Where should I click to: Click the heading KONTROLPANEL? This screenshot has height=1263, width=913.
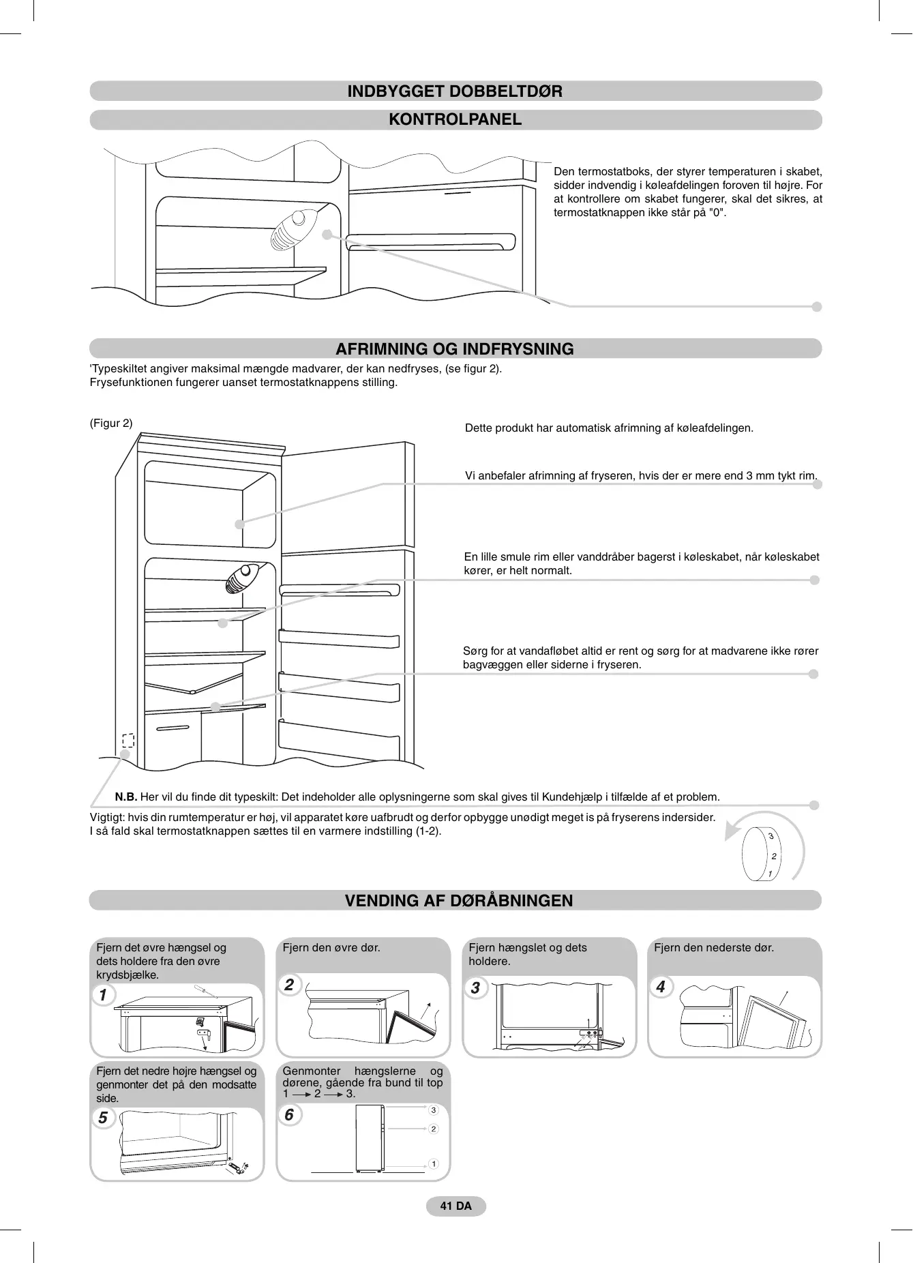[455, 119]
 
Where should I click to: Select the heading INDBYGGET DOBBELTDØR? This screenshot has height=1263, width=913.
[455, 91]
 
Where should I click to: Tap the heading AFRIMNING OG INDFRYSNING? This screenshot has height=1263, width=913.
[455, 349]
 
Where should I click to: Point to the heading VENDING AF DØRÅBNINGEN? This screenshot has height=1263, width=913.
[458, 901]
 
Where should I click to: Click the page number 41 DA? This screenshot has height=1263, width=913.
[455, 1206]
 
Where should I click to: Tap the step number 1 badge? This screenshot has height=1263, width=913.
[103, 995]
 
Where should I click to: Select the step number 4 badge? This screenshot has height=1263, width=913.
[660, 987]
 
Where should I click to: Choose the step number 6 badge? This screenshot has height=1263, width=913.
[289, 1114]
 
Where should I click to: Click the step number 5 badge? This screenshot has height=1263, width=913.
[103, 1118]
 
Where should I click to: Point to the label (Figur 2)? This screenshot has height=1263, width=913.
[111, 424]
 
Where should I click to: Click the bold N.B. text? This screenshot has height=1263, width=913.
[126, 797]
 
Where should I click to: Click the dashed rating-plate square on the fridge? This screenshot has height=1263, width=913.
[128, 740]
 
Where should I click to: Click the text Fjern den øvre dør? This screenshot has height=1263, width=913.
[331, 948]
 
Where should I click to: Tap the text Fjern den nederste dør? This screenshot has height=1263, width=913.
[714, 948]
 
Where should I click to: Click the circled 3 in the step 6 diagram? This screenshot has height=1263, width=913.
[433, 1110]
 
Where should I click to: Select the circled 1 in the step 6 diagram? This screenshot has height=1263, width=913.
[433, 1163]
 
